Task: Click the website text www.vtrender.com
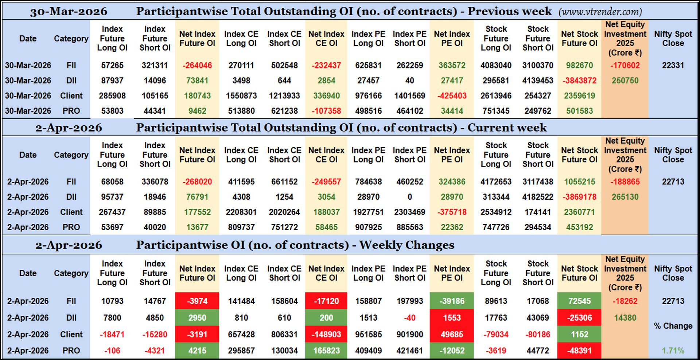tap(600, 12)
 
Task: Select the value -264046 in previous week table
tap(197, 66)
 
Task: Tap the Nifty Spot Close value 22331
tap(673, 66)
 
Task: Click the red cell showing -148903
tap(326, 334)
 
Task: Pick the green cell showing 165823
tap(326, 351)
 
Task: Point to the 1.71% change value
tap(673, 351)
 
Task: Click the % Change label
tap(673, 326)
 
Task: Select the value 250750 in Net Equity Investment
tap(625, 81)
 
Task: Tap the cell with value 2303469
tap(410, 212)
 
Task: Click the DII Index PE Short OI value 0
tap(410, 197)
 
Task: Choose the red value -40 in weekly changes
tap(410, 318)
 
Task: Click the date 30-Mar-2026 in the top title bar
tap(69, 12)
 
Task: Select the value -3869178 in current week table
tap(579, 197)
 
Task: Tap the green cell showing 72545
tap(579, 301)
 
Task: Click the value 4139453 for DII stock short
tap(538, 81)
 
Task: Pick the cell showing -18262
tap(625, 301)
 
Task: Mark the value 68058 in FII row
tap(112, 182)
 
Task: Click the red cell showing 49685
tap(452, 334)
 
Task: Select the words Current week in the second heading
tap(507, 128)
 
